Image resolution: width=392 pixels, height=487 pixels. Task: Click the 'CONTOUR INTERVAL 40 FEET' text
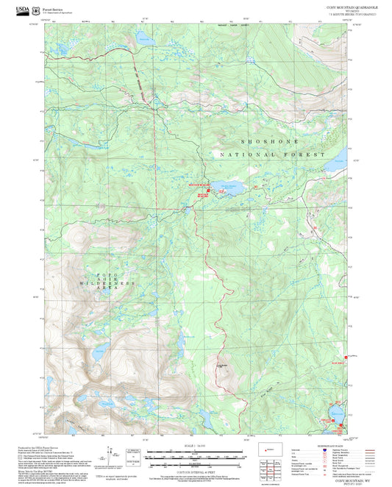point(195,469)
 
